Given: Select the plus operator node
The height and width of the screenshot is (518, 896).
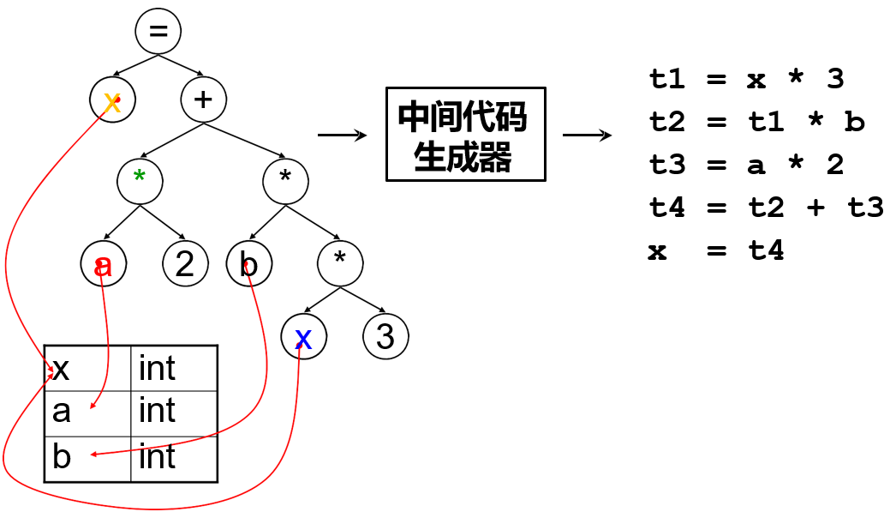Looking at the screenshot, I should [203, 99].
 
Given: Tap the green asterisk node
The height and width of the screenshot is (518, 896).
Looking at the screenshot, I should [140, 181].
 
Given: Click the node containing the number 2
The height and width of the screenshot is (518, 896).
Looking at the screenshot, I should [185, 264].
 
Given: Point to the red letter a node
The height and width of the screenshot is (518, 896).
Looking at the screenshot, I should [103, 265].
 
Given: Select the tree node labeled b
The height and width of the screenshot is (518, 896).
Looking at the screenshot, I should [249, 264].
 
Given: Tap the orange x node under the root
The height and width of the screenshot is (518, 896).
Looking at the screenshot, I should [112, 100].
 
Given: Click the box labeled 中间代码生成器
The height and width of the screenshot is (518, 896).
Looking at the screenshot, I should [465, 134].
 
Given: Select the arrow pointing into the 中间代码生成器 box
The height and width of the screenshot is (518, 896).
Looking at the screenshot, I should [342, 136].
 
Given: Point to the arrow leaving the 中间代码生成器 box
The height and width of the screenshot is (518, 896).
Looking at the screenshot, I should [587, 136].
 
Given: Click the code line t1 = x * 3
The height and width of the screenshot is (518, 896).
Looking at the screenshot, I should [746, 79].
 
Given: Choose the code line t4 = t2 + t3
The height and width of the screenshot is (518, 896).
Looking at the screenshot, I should [766, 208].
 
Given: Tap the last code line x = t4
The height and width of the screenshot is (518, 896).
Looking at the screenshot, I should [716, 250].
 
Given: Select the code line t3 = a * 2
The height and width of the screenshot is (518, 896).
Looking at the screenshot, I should [746, 165].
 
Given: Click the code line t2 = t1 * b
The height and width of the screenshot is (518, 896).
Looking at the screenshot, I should [756, 122].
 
